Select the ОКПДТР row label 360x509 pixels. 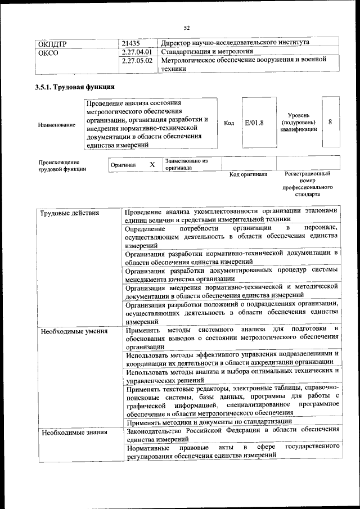pos(53,43)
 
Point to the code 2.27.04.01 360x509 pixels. pos(137,52)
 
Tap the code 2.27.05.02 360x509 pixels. pos(137,61)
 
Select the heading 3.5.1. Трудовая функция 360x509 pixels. pos(75,87)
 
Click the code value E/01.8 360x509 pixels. pos(254,123)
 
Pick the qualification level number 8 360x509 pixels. pos(330,122)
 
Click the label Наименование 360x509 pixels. pos(57,125)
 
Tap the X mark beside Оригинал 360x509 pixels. pos(152,165)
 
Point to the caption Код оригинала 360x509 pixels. pos(248,174)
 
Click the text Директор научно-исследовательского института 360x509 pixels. pos(235,42)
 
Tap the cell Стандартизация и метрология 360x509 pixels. pos(207,52)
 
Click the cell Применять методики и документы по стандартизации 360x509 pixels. pos(209,422)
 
